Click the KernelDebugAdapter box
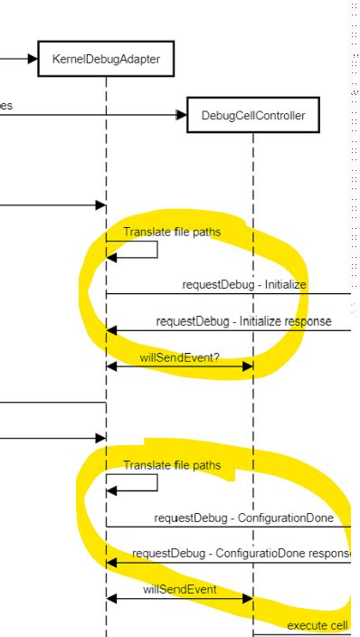[106, 59]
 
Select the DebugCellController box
[253, 116]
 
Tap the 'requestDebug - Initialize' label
[244, 284]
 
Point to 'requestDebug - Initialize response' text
[243, 320]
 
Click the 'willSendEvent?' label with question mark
[179, 357]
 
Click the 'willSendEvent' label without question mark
[178, 589]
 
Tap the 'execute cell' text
[318, 625]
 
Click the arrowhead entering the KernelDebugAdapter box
[34, 59]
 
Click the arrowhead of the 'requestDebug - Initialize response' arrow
[112, 330]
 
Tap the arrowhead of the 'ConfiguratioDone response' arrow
[112, 563]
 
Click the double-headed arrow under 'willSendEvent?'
[179, 366]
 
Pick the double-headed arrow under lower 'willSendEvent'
[179, 599]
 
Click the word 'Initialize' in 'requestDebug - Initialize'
[283, 284]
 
